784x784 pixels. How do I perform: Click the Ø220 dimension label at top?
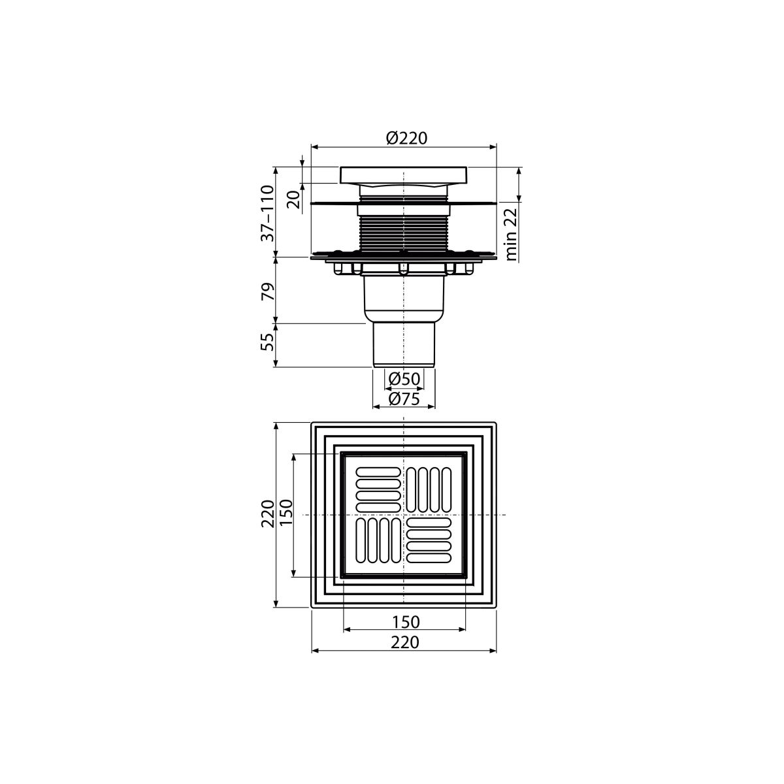coord(406,139)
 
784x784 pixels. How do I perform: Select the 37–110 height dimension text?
coord(268,213)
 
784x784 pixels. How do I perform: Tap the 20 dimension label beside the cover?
coord(294,199)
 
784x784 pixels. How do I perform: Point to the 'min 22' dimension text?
coord(511,234)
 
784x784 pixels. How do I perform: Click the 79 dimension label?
coord(268,291)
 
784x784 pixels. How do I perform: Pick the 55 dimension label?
coord(268,342)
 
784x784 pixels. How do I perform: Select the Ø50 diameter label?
coord(404,379)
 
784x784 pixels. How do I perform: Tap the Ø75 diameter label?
coord(404,399)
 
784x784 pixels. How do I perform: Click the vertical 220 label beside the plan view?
coord(268,514)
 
